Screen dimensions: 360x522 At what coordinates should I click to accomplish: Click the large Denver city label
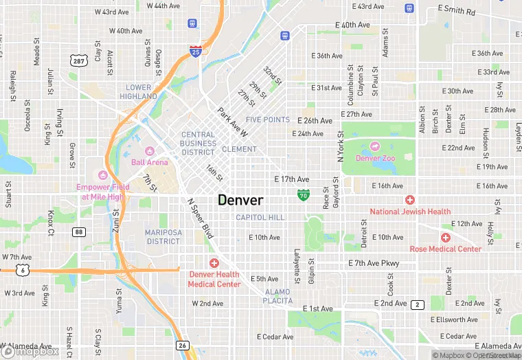pyautogui.click(x=240, y=200)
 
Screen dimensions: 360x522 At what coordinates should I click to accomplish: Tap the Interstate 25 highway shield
pyautogui.click(x=196, y=50)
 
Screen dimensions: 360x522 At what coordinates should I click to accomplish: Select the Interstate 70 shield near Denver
pyautogui.click(x=303, y=196)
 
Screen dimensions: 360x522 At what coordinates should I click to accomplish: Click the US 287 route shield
pyautogui.click(x=79, y=61)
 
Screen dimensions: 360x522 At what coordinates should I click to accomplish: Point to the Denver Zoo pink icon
pyautogui.click(x=375, y=146)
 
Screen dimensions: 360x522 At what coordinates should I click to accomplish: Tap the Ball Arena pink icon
pyautogui.click(x=150, y=151)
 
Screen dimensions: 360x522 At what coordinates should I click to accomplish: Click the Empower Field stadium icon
pyautogui.click(x=104, y=174)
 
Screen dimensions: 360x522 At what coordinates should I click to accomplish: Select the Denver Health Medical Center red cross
pyautogui.click(x=214, y=263)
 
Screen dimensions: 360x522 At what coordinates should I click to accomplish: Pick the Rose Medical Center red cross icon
pyautogui.click(x=445, y=238)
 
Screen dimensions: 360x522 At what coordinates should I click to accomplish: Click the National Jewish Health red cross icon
pyautogui.click(x=410, y=200)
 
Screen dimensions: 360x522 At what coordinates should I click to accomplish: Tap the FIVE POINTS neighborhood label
pyautogui.click(x=268, y=120)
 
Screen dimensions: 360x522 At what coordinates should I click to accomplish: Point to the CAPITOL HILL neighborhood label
pyautogui.click(x=260, y=217)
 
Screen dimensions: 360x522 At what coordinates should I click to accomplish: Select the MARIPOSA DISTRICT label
pyautogui.click(x=163, y=237)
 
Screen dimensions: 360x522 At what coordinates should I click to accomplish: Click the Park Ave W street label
pyautogui.click(x=232, y=120)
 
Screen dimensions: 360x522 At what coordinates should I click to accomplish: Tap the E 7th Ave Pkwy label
pyautogui.click(x=374, y=263)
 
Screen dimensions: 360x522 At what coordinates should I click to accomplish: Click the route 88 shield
pyautogui.click(x=80, y=232)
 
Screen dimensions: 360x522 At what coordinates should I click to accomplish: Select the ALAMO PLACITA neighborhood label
pyautogui.click(x=278, y=296)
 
